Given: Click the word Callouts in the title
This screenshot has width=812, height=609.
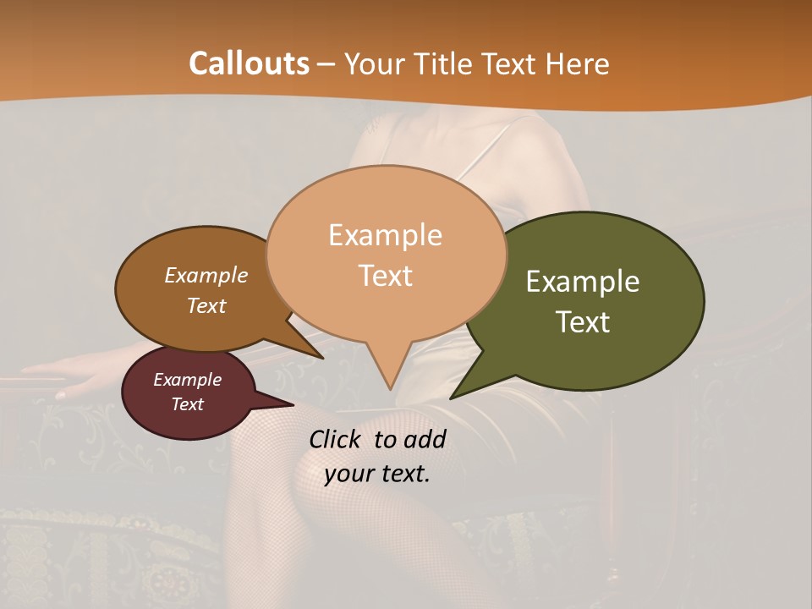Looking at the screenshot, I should [249, 63].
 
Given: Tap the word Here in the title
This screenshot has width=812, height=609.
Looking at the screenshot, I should [579, 63].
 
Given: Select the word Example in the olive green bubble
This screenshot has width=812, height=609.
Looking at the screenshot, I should [583, 282].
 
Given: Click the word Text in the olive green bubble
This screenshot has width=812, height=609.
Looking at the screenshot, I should [583, 322].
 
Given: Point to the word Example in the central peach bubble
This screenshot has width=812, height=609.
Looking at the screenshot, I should [385, 235].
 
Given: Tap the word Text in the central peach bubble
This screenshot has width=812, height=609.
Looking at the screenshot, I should [385, 276].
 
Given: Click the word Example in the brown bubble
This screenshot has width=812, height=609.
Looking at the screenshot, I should [206, 275].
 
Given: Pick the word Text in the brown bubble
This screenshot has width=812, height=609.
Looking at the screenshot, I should [206, 305].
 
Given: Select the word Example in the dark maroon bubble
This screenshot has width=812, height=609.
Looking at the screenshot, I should [187, 380].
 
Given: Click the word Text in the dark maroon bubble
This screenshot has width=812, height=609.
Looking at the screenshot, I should [187, 404].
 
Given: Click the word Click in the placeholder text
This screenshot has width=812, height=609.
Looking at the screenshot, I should [336, 439].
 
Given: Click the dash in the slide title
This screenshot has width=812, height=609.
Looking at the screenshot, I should [327, 64].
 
